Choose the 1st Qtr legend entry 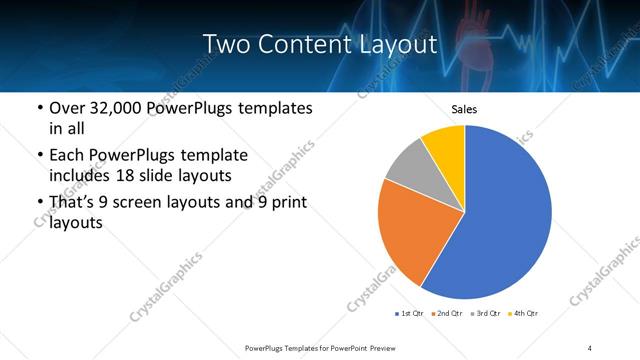pyautogui.click(x=411, y=314)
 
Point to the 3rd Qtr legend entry pyautogui.click(x=485, y=314)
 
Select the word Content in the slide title pyautogui.click(x=299, y=44)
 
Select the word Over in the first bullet pyautogui.click(x=67, y=108)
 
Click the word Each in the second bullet pyautogui.click(x=67, y=155)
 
